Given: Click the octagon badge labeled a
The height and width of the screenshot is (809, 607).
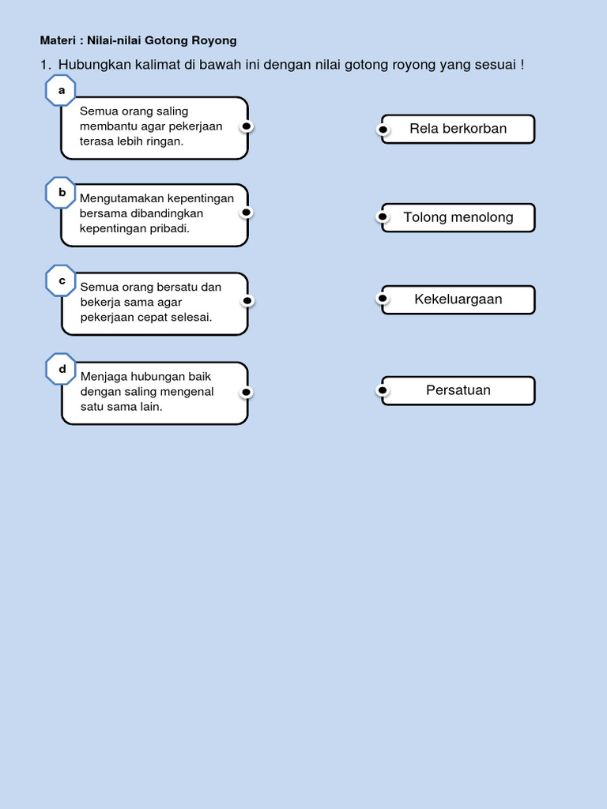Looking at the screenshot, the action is (61, 90).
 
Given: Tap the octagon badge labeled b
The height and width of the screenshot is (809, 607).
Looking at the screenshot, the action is (61, 192).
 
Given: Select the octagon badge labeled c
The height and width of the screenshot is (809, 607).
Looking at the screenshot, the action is (61, 280).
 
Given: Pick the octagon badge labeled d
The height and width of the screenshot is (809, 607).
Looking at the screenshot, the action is (61, 369).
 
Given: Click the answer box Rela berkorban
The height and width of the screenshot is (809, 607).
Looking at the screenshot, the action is (458, 129).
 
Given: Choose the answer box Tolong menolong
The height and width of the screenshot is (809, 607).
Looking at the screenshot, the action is (458, 217).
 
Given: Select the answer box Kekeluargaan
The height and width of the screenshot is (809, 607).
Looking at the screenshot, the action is (458, 299).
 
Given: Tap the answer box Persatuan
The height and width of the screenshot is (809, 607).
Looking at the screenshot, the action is (458, 390).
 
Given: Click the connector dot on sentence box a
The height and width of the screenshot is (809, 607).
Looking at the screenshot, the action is (247, 126).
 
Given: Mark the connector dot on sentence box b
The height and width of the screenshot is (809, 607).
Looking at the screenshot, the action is (247, 213).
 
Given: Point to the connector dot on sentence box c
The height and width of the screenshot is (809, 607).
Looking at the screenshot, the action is (247, 300).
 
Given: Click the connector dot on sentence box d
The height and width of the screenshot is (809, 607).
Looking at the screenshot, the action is (247, 392).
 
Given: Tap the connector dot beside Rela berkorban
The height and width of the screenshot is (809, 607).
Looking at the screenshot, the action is (383, 129).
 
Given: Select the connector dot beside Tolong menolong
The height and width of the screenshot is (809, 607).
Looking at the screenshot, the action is (383, 216).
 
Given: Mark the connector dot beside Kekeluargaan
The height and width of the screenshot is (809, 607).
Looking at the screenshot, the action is (383, 299).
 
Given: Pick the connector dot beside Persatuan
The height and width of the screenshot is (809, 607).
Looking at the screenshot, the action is (383, 390).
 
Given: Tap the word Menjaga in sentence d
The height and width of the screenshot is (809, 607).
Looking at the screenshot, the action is (101, 376).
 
